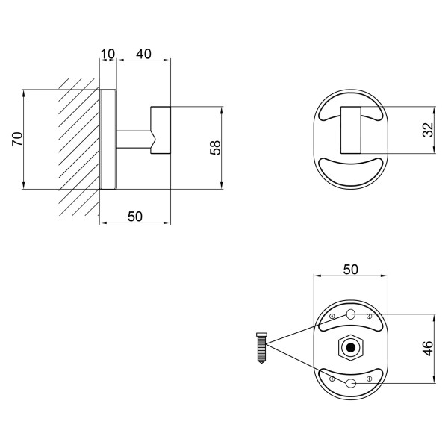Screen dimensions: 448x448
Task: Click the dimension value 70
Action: pyautogui.click(x=17, y=139)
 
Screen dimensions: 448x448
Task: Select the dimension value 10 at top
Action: pyautogui.click(x=108, y=54)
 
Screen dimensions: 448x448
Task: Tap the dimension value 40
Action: pyautogui.click(x=143, y=54)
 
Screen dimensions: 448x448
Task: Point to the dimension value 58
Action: pyautogui.click(x=216, y=148)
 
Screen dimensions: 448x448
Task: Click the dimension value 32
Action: pyautogui.click(x=428, y=130)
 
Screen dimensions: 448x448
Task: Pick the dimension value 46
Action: pyautogui.click(x=428, y=348)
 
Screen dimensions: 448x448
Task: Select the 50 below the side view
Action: pyautogui.click(x=135, y=217)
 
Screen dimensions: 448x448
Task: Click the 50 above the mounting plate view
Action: pyautogui.click(x=351, y=270)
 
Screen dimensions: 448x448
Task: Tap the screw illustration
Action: pyautogui.click(x=262, y=348)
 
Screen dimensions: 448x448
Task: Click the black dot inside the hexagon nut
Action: pyautogui.click(x=351, y=347)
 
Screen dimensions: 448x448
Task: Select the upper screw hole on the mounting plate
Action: pyautogui.click(x=351, y=314)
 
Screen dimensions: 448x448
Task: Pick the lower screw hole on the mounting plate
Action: pyautogui.click(x=351, y=383)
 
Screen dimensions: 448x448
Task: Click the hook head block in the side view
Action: pyautogui.click(x=161, y=130)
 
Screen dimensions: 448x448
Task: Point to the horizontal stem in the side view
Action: pyautogui.click(x=134, y=140)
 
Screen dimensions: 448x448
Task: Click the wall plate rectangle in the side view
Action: pyautogui.click(x=108, y=139)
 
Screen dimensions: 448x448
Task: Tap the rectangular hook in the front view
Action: pyautogui.click(x=351, y=130)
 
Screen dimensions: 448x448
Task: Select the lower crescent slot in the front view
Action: pyautogui.click(x=351, y=172)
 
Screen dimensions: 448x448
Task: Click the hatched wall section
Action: pyautogui.click(x=79, y=147)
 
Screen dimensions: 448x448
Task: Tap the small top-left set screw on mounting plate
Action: pyautogui.click(x=332, y=316)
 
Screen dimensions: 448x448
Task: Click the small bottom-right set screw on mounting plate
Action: pyautogui.click(x=369, y=379)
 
